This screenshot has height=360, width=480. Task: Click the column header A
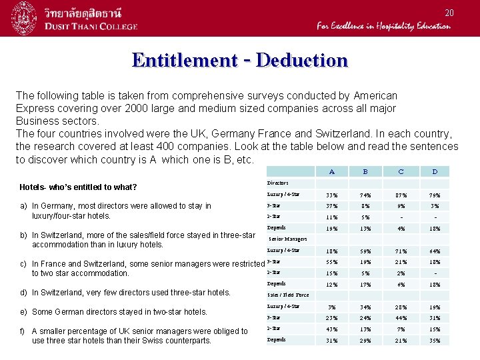tap(331, 172)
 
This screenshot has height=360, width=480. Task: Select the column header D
tap(434, 172)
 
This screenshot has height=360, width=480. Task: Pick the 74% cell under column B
tap(365, 195)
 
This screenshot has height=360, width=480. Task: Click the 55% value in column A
tap(331, 262)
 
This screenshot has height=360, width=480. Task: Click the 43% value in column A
tap(331, 329)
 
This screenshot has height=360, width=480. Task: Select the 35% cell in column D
tap(434, 341)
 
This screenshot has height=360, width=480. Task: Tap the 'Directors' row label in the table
tap(277, 183)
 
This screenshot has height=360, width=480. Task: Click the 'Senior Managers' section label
tap(287, 239)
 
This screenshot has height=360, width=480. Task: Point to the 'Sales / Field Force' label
tap(288, 295)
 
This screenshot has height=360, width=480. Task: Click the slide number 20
tap(449, 13)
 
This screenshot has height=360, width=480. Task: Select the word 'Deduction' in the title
tap(302, 60)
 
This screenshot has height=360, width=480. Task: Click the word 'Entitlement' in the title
tap(184, 60)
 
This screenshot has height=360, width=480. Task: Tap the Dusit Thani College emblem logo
tap(26, 18)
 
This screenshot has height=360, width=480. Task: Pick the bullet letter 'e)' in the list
tap(24, 311)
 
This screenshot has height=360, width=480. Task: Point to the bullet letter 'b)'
tap(24, 235)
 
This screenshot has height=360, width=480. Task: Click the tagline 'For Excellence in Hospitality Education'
tap(383, 27)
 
